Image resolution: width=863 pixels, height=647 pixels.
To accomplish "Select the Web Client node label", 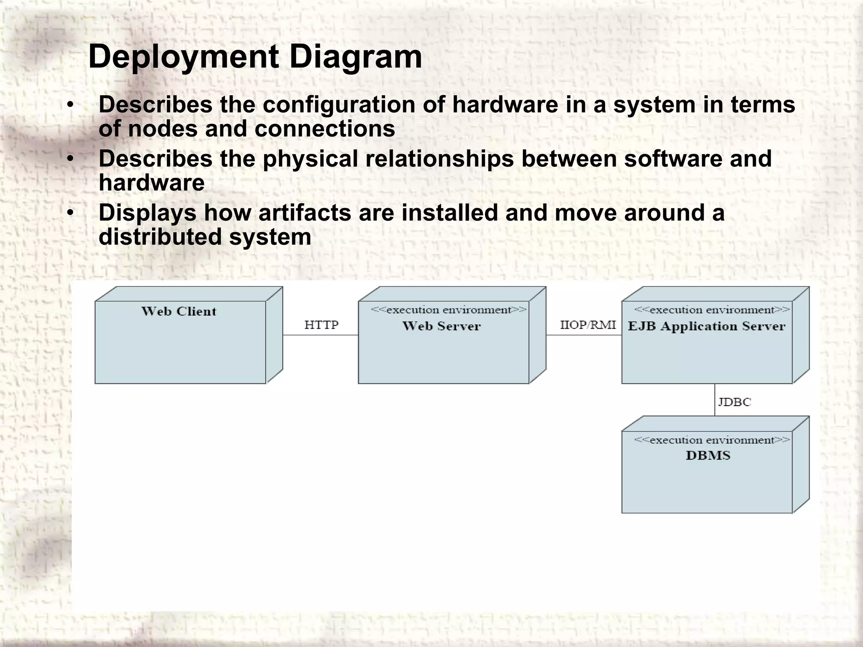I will click(179, 311).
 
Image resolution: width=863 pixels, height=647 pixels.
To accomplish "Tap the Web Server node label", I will click(441, 326).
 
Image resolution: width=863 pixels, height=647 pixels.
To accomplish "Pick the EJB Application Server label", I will click(706, 326).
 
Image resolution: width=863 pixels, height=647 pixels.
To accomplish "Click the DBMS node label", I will click(708, 455).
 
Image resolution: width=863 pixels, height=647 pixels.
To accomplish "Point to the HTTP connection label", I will click(321, 325).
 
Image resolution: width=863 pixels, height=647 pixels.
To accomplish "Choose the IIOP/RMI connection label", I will click(588, 325).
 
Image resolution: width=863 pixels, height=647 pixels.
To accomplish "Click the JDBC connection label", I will click(734, 402).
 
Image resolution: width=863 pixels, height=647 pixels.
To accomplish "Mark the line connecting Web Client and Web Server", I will click(320, 335).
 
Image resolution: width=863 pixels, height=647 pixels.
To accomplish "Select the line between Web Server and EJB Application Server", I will click(584, 335).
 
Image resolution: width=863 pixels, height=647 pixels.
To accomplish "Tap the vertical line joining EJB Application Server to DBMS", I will click(715, 400).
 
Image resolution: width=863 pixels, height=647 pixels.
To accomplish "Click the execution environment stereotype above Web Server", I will click(448, 310).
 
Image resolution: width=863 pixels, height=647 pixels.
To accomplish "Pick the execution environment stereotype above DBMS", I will click(712, 440).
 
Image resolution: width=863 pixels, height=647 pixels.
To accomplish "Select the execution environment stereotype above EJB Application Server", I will click(712, 310).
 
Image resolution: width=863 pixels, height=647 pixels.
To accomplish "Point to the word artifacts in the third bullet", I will click(305, 213).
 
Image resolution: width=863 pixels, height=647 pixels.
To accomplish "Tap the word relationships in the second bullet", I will click(440, 159).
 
